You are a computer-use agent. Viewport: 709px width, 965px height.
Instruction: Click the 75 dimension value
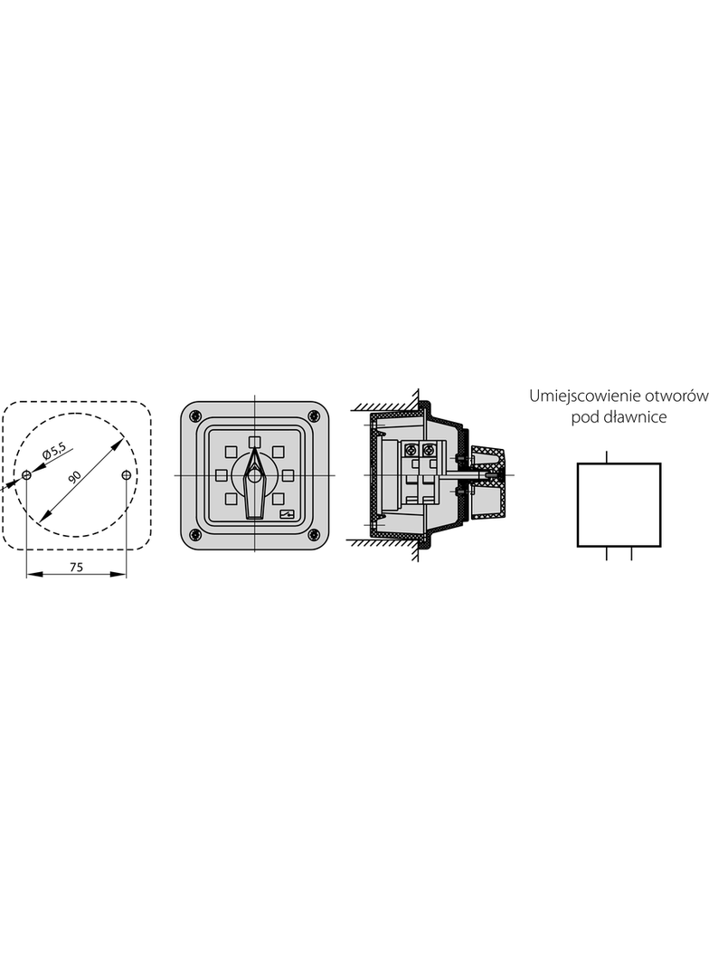click(x=76, y=568)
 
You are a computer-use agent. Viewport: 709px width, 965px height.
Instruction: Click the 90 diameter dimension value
click(x=75, y=476)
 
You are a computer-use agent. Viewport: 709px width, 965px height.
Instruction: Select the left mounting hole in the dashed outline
click(x=26, y=475)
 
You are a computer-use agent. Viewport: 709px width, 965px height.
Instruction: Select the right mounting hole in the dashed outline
click(x=126, y=475)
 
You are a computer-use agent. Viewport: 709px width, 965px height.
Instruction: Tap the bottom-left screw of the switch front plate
click(x=195, y=534)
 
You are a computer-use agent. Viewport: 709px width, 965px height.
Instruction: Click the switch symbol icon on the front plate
click(x=287, y=516)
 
